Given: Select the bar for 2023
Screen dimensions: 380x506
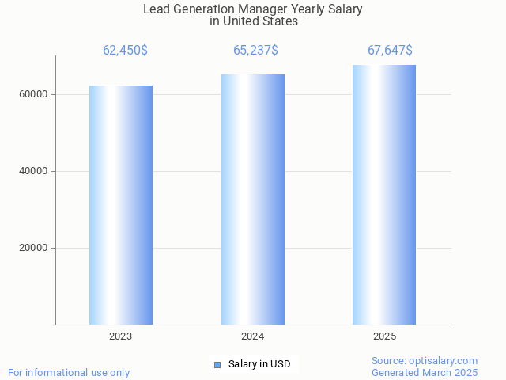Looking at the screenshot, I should pyautogui.click(x=121, y=205).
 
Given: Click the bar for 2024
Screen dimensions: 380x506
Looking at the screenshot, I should pyautogui.click(x=253, y=199).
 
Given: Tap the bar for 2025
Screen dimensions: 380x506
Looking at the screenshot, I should pyautogui.click(x=384, y=195).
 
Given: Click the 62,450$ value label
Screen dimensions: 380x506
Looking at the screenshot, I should pyautogui.click(x=125, y=51).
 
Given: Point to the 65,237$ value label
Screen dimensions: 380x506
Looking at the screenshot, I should pyautogui.click(x=255, y=51).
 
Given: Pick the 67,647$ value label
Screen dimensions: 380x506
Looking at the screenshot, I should pyautogui.click(x=390, y=51).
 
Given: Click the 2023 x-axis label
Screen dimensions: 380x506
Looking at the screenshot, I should pyautogui.click(x=121, y=336).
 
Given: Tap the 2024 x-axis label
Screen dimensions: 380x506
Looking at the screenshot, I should pyautogui.click(x=253, y=336).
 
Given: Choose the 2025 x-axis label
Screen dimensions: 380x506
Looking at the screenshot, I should pyautogui.click(x=384, y=336).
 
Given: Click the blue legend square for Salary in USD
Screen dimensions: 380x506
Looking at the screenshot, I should pyautogui.click(x=217, y=364).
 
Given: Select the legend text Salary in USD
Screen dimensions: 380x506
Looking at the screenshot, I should pyautogui.click(x=259, y=364).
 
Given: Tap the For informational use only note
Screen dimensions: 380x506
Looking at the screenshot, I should pyautogui.click(x=69, y=372).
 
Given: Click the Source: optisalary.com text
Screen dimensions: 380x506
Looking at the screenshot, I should pyautogui.click(x=425, y=361).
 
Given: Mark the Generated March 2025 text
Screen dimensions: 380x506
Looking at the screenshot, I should pyautogui.click(x=425, y=372).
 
